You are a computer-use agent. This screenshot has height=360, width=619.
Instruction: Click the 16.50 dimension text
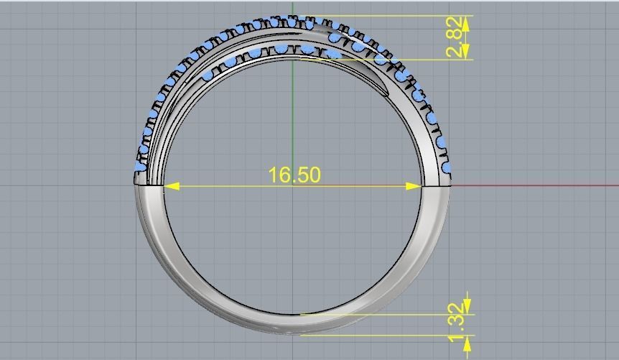point(294,175)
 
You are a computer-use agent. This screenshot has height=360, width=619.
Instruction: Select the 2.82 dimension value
point(455,37)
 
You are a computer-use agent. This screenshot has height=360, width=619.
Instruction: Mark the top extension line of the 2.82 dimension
point(402,16)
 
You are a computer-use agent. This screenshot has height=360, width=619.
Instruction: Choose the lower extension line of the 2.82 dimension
point(402,59)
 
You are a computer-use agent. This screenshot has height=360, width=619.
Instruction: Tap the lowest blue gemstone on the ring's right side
point(447,167)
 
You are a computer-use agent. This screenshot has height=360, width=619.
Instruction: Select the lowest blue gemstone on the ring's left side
point(139,167)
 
